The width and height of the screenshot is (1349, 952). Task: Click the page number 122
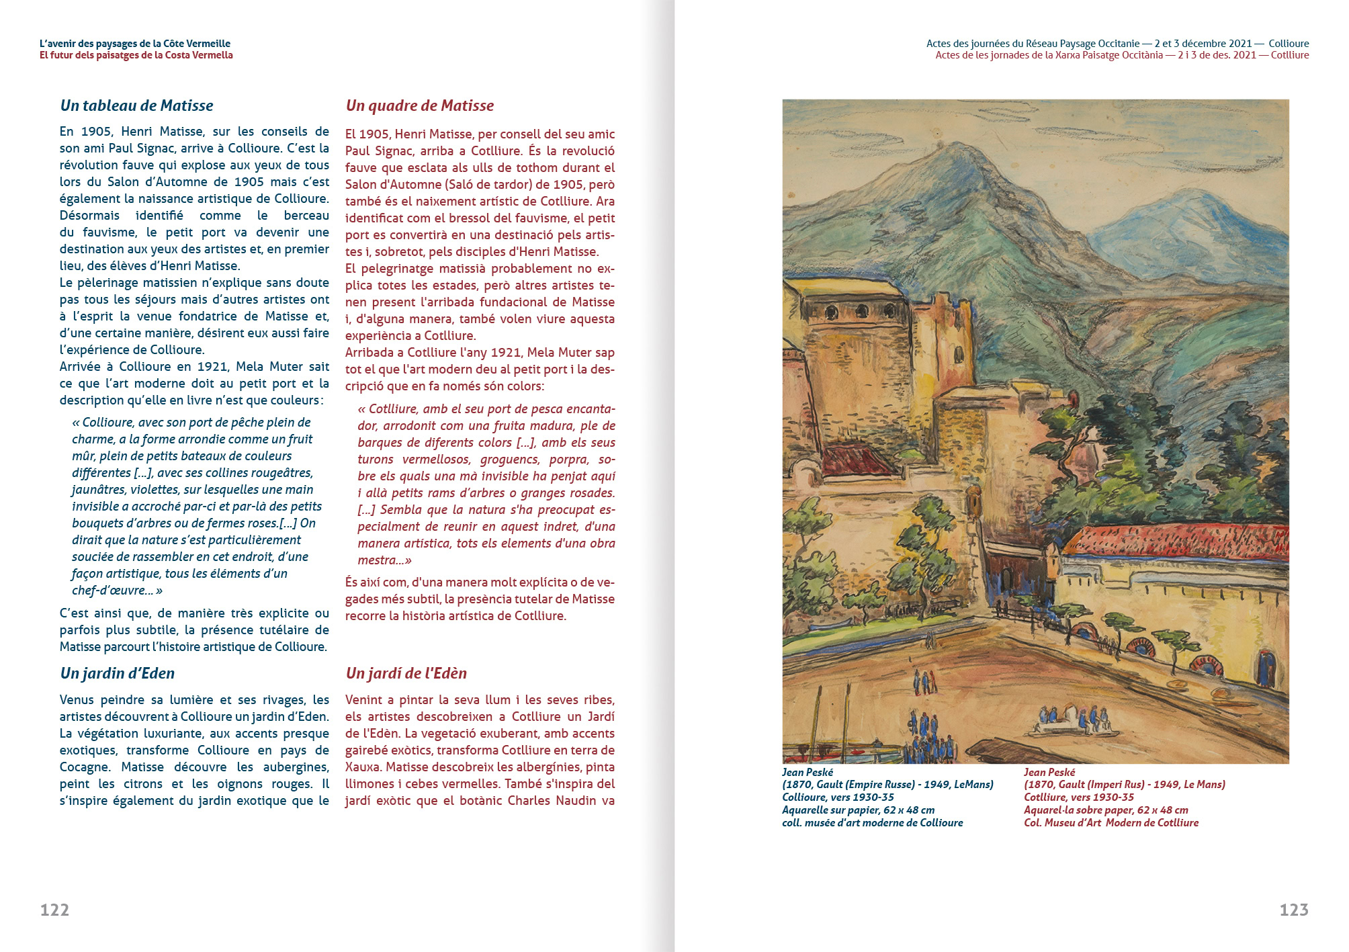coord(54,910)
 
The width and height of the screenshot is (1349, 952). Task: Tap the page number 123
coord(1294,910)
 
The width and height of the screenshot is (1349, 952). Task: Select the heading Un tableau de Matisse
coord(136,105)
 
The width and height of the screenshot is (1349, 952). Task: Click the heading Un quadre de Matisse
coord(419,105)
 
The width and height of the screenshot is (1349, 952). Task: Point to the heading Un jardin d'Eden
coord(117,673)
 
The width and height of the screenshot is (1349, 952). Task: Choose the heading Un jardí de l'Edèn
coord(406,673)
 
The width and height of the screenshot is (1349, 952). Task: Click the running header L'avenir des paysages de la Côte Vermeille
coord(134,44)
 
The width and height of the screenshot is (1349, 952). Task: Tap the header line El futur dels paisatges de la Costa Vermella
coord(136,55)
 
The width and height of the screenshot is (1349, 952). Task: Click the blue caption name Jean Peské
coord(807,772)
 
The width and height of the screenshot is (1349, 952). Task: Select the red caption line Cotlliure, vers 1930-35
coord(1078,797)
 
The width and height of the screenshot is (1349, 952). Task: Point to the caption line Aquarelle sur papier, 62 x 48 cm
coord(858,810)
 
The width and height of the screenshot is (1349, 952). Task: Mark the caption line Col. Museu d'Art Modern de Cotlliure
coord(1111,823)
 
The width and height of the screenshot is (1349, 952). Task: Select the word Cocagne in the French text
coord(84,767)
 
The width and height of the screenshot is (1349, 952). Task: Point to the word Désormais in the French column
coord(89,216)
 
